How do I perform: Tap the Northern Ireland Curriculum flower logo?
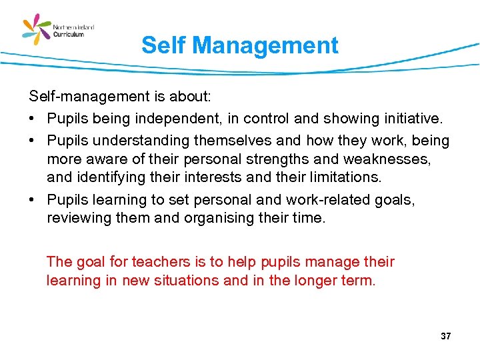coord(37,31)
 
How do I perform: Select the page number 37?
coord(445,337)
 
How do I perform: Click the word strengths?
coord(258,159)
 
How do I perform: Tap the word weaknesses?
coord(385,159)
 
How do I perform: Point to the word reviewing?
coord(77,219)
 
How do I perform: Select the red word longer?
coord(317,281)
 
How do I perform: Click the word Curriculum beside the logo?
coord(69,35)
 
